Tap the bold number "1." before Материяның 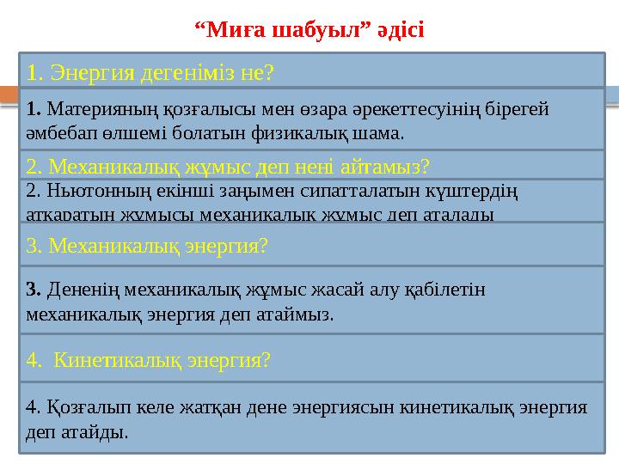(35, 109)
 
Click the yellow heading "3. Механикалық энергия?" (148, 247)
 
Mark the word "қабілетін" (447, 290)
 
